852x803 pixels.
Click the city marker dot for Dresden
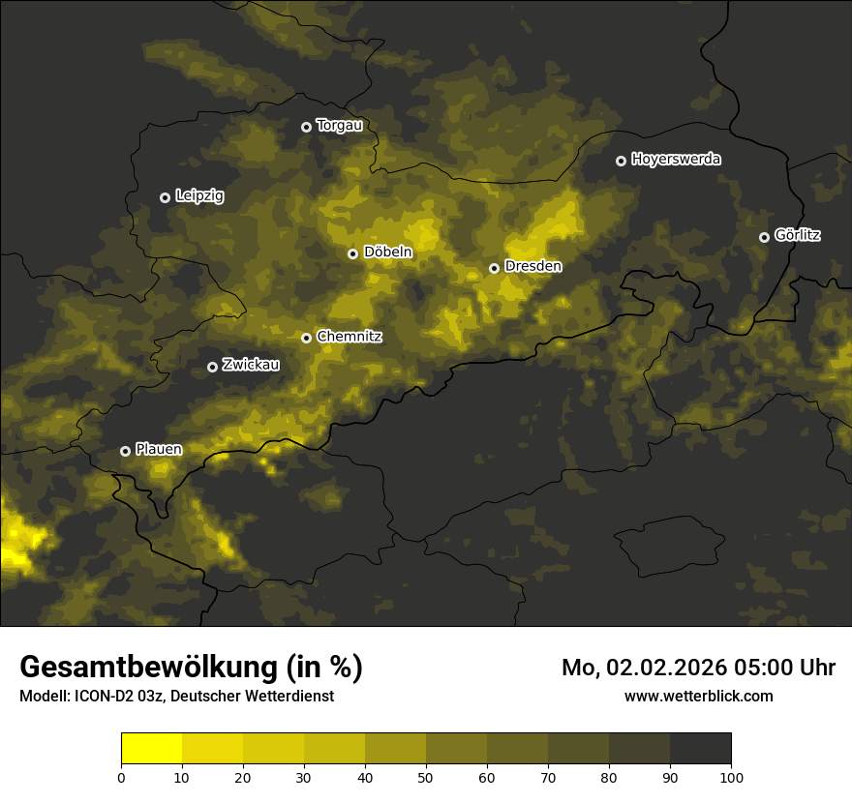[x=494, y=268]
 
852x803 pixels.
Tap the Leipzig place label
[x=199, y=196]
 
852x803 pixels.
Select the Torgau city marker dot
[x=306, y=127]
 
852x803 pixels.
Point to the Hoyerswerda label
[x=676, y=160]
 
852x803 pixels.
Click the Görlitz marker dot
[x=764, y=237]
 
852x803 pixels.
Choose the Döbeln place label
[x=387, y=253]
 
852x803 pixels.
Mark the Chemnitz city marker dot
[x=306, y=338]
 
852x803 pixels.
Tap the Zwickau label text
[x=251, y=366]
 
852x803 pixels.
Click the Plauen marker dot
[x=125, y=451]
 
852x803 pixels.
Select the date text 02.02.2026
[x=669, y=668]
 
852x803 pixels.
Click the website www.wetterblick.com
[x=698, y=696]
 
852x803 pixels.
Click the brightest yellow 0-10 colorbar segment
[x=151, y=749]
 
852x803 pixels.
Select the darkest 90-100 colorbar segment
[x=700, y=749]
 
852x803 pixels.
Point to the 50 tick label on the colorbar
[x=426, y=777]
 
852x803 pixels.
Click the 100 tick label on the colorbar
[x=731, y=777]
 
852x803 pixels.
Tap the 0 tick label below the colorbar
[x=121, y=777]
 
